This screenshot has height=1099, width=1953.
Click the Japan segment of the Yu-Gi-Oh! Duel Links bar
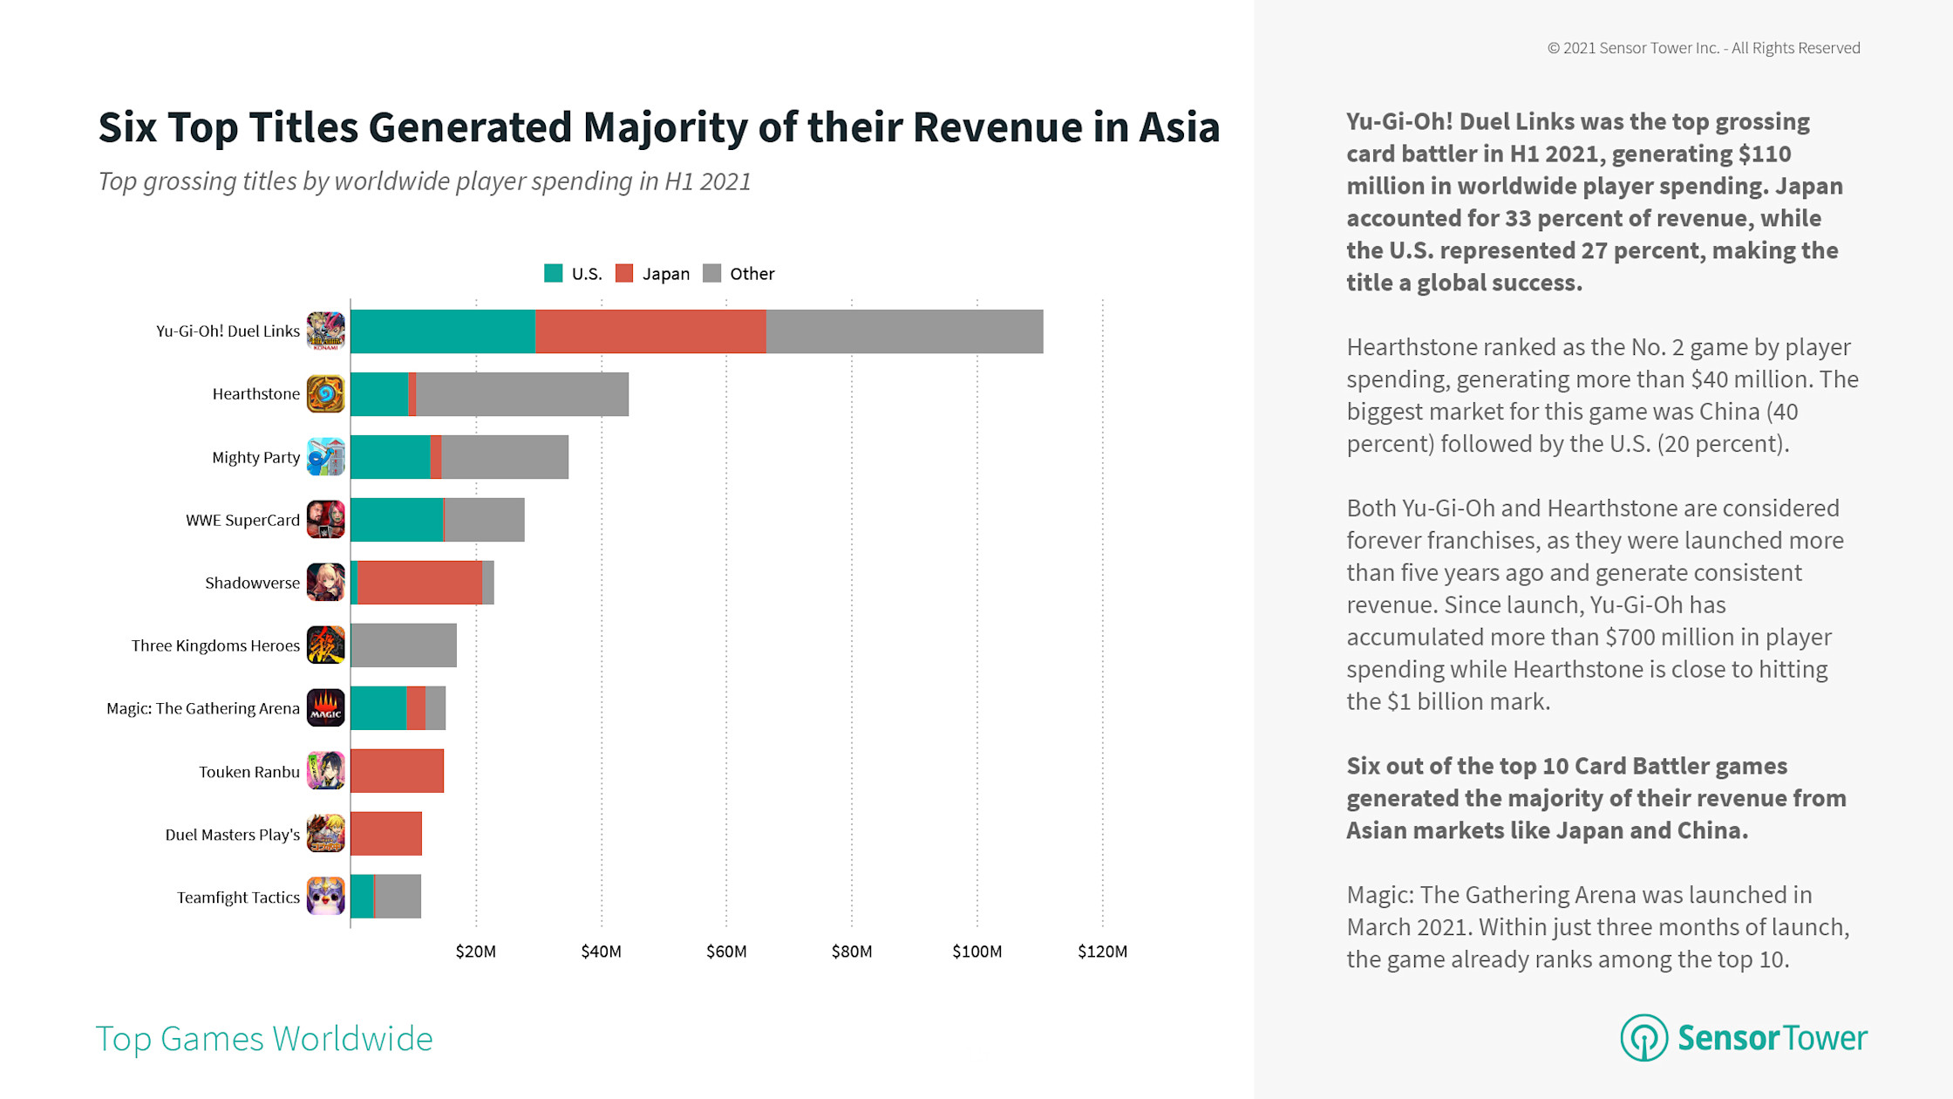click(650, 331)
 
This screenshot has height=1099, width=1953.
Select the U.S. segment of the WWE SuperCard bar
click(397, 520)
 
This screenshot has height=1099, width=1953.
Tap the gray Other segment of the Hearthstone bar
click(521, 394)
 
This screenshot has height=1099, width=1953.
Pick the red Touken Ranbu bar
click(397, 771)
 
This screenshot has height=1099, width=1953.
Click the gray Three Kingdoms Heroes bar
click(404, 645)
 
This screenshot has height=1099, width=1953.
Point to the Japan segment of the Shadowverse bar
click(419, 583)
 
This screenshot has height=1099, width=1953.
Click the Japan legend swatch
click(624, 274)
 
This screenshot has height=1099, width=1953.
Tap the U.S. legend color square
click(553, 274)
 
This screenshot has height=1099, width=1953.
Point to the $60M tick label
click(726, 952)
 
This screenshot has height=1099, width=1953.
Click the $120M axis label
click(1102, 952)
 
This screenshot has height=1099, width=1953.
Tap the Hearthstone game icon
click(326, 394)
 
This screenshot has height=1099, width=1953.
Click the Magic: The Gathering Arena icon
click(326, 708)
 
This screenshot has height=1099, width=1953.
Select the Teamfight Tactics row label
click(238, 898)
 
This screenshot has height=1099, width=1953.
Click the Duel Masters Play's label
click(232, 835)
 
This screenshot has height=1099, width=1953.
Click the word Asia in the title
click(1179, 127)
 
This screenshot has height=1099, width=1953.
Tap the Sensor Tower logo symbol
click(1643, 1038)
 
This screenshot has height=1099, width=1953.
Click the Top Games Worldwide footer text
click(263, 1039)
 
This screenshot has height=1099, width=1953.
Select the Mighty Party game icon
click(326, 457)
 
